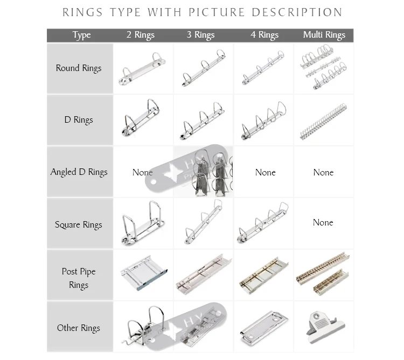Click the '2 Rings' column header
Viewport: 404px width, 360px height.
[x=140, y=35]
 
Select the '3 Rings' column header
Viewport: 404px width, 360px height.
[x=201, y=35]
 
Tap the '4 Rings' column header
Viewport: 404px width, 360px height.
[x=264, y=35]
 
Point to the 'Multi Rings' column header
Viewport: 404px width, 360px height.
[x=324, y=35]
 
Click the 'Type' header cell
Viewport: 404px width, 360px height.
[x=81, y=35]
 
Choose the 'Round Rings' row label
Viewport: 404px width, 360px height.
[x=79, y=68]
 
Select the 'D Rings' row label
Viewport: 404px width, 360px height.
[x=79, y=120]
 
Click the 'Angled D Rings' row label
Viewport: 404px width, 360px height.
[x=79, y=172]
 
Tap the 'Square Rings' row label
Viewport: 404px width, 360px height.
[x=79, y=225]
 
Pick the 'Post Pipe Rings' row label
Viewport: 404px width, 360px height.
[x=79, y=278]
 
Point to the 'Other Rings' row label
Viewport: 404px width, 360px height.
[x=79, y=328]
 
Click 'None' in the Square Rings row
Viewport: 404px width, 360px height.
[x=323, y=222]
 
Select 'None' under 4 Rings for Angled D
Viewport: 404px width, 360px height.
[x=265, y=172]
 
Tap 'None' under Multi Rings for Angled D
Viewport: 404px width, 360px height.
[x=323, y=172]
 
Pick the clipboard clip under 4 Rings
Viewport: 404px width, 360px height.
[x=264, y=326]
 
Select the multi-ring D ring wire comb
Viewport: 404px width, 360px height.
[x=323, y=122]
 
